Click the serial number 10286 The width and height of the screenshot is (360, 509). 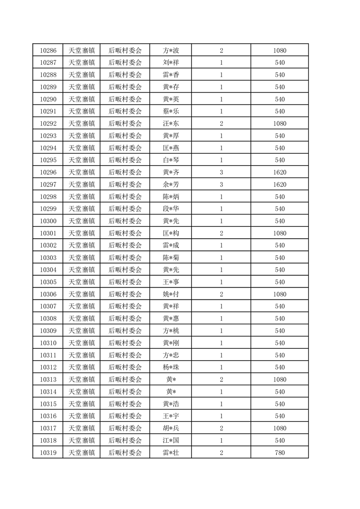coord(48,51)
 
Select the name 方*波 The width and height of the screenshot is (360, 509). coord(171,51)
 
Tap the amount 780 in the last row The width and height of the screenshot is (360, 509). coord(280,452)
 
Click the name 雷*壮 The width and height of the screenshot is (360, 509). coord(171,452)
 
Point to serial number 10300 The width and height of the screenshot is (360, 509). coord(48,221)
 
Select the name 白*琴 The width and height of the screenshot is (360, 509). coord(171,160)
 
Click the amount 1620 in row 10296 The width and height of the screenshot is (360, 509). coord(280,172)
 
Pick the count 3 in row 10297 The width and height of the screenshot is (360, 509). coord(221,185)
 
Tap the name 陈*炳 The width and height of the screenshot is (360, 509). coord(171,197)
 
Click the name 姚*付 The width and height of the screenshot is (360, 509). coord(171,294)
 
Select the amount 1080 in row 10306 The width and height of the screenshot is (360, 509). coord(280,294)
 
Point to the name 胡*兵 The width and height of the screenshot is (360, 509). coord(171,428)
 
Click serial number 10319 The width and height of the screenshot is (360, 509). coord(48,452)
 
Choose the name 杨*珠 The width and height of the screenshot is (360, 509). coord(171,367)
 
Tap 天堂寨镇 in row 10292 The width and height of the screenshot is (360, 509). coord(81,124)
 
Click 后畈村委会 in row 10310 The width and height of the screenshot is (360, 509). coord(125,343)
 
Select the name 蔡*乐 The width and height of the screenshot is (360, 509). coord(171,112)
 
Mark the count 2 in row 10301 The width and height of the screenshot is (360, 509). coord(221,233)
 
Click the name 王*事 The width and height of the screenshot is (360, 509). coord(171,282)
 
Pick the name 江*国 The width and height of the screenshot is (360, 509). coord(171,440)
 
